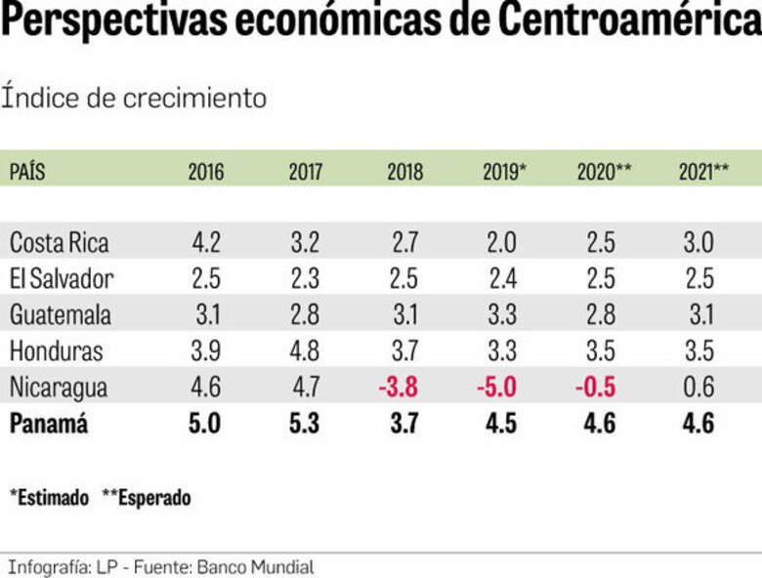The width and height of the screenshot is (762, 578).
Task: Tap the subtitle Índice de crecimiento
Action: [x=134, y=98]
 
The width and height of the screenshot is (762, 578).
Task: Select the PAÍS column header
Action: [x=27, y=172]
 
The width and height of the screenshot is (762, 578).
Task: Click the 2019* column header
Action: [x=504, y=172]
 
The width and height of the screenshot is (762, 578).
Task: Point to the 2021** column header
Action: [x=703, y=172]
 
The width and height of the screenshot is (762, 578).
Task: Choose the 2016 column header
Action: [x=206, y=172]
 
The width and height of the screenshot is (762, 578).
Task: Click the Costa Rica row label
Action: [x=59, y=242]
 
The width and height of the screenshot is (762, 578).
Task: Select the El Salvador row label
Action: [x=62, y=278]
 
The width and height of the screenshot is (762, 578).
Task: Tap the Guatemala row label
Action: [x=60, y=314]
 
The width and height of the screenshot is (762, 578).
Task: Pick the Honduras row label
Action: [x=56, y=351]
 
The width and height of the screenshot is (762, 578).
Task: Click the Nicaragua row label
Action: [x=58, y=388]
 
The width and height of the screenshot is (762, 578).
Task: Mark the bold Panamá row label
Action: [x=48, y=425]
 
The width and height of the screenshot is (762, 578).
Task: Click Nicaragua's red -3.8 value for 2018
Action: [x=399, y=388]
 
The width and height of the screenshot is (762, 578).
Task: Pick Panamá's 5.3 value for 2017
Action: [x=305, y=425]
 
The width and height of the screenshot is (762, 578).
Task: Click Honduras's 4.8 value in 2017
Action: [x=305, y=351]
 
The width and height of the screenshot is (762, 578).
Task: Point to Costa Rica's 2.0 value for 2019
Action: [x=504, y=242]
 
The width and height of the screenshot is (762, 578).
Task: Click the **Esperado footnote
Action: [x=147, y=497]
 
